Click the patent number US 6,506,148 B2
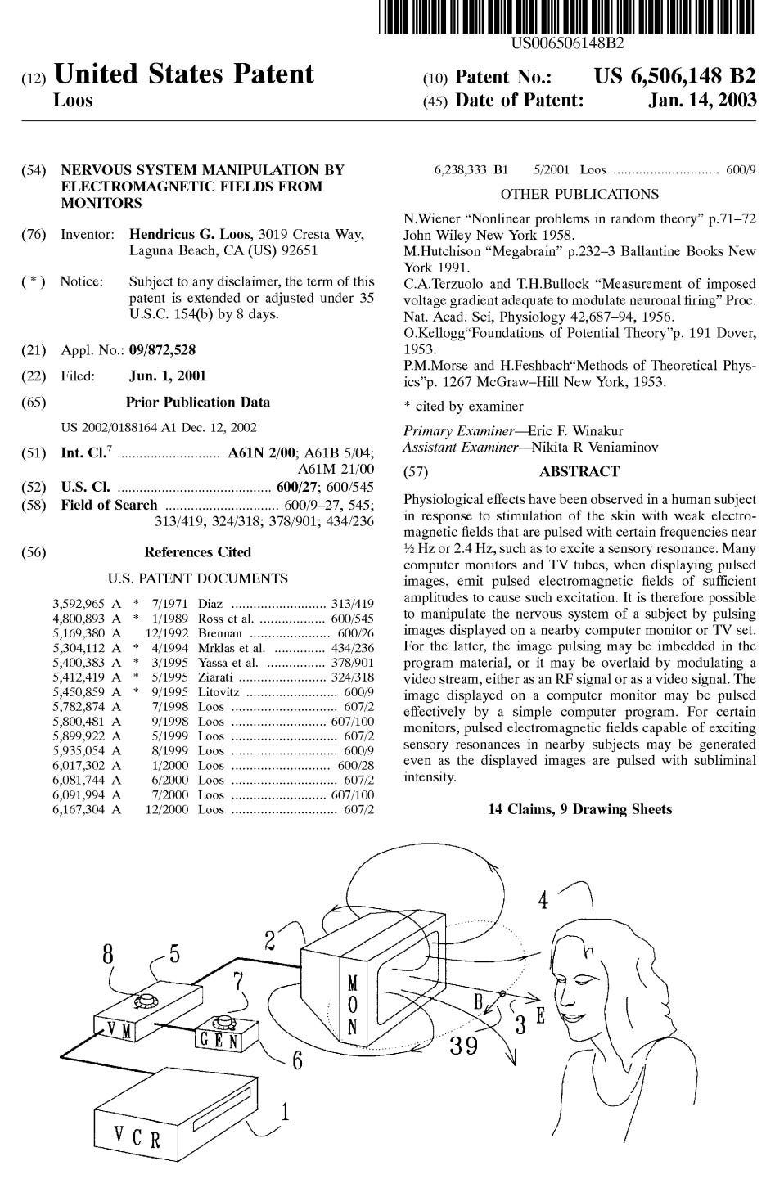coord(674,77)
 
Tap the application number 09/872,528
coord(162,350)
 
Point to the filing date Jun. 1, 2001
coord(168,376)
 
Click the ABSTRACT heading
coord(579,471)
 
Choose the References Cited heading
coord(197,552)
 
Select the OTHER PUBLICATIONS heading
coord(579,194)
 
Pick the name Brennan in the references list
coord(220,633)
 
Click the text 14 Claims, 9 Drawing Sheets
coord(579,809)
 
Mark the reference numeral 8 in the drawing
coord(109,953)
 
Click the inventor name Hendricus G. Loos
coord(189,235)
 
